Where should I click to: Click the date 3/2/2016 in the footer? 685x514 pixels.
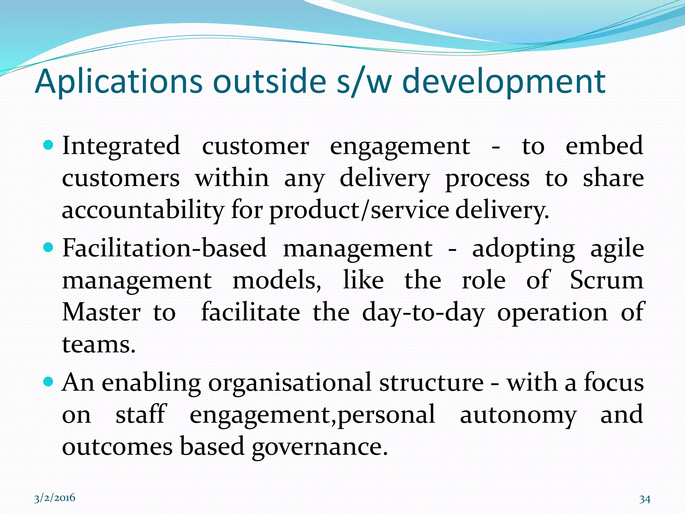pyautogui.click(x=55, y=498)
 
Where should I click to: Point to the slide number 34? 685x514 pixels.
pyautogui.click(x=645, y=499)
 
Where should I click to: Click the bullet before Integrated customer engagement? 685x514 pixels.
pyautogui.click(x=49, y=145)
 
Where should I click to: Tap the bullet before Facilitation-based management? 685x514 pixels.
pyautogui.click(x=49, y=248)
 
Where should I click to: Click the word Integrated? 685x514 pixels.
pyautogui.click(x=121, y=146)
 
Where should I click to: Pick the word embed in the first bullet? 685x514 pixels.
pyautogui.click(x=604, y=146)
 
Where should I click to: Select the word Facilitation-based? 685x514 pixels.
pyautogui.click(x=164, y=248)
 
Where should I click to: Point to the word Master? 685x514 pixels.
pyautogui.click(x=101, y=312)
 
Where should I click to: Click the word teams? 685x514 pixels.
pyautogui.click(x=98, y=345)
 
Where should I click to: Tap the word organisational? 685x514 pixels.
pyautogui.click(x=290, y=383)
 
